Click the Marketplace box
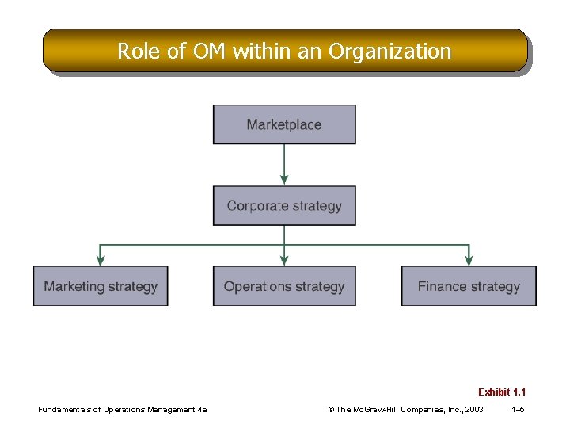(284, 124)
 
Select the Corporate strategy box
(284, 206)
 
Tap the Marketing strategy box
(101, 286)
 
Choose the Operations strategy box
(284, 286)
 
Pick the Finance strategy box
(469, 286)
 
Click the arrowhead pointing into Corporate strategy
(284, 181)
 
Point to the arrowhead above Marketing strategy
(101, 260)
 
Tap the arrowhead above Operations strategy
(284, 260)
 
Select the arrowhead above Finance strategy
(469, 260)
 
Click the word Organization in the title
(390, 52)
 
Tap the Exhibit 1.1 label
(502, 392)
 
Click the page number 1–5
(519, 410)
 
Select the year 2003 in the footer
(475, 410)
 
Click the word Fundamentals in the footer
(65, 410)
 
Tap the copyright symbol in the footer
(331, 410)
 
